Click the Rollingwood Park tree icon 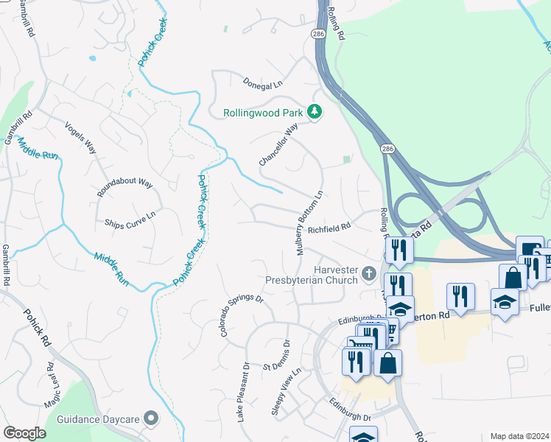click(x=315, y=113)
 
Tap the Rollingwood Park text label click(x=264, y=113)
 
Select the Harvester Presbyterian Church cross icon click(x=369, y=275)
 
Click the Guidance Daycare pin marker click(x=152, y=418)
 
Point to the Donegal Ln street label click(x=263, y=83)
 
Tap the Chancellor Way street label click(x=278, y=144)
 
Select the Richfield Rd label click(x=329, y=230)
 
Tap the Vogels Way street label click(x=80, y=137)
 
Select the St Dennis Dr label click(x=278, y=357)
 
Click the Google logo click(x=24, y=433)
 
